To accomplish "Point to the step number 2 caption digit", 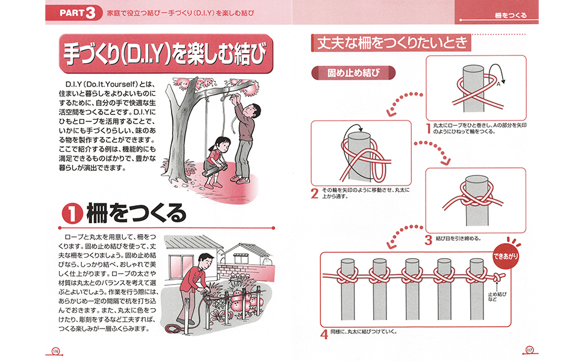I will click(314, 193).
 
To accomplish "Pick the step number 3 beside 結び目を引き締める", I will click(428, 239).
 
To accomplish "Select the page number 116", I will click(55, 350).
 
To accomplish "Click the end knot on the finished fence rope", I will click(498, 277).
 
